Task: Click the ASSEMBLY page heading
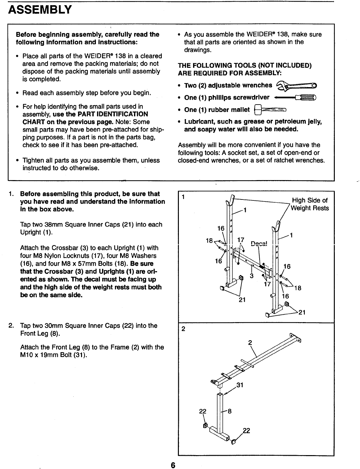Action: pos(40,10)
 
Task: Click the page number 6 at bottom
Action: pos(173,465)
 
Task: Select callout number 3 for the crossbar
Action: pos(251,276)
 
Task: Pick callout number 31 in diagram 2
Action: pos(240,385)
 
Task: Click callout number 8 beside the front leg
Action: pos(230,411)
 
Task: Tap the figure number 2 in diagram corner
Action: pos(183,329)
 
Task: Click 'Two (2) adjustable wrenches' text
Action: pos(228,86)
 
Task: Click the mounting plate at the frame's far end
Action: pos(296,338)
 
